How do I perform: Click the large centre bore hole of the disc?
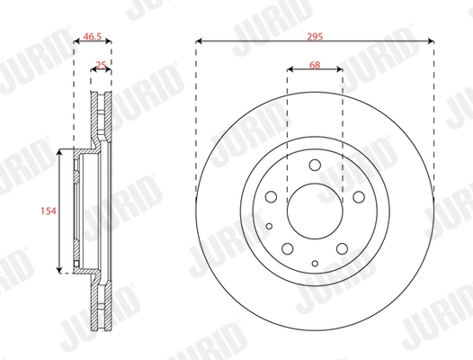coord(315,210)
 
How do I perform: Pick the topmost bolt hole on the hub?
coord(315,166)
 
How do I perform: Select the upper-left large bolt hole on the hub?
coord(272,197)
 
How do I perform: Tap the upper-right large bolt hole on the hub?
coord(357,197)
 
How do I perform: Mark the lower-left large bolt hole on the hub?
coord(288,247)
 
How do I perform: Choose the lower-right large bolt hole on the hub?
coord(341,247)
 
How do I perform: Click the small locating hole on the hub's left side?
coord(270,225)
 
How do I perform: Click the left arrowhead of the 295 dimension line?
coord(198,40)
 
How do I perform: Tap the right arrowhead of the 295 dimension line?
coord(432,40)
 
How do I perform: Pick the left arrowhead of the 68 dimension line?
coord(290,72)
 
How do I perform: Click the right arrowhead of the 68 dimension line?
coord(339,72)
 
